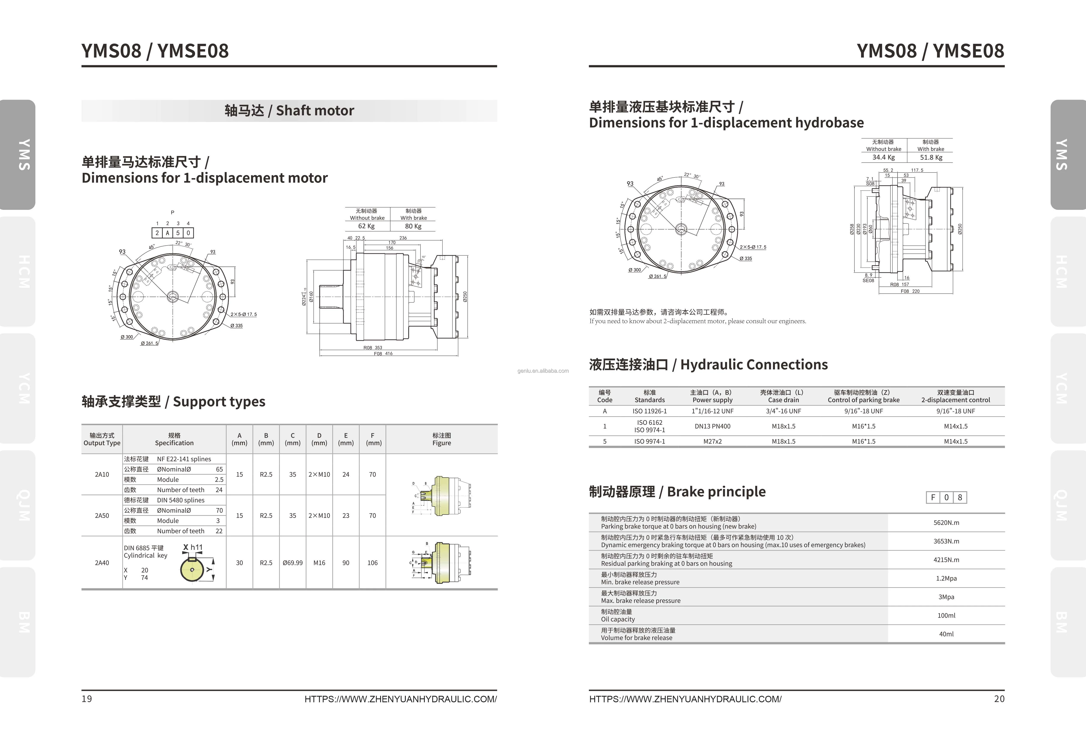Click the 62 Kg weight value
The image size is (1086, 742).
[x=366, y=226]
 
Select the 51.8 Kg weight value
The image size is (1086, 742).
[x=931, y=157]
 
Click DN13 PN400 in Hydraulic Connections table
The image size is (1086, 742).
[x=712, y=426]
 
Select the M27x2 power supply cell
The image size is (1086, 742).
[x=712, y=441]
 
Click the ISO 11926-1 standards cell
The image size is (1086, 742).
[x=650, y=411]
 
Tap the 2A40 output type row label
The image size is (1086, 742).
[x=102, y=563]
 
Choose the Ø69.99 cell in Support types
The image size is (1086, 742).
[x=292, y=563]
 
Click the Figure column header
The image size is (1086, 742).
[x=442, y=439]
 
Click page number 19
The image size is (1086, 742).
[x=87, y=699]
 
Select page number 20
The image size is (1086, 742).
[x=999, y=699]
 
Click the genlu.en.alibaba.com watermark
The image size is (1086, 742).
[x=543, y=371]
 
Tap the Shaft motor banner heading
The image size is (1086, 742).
[x=289, y=111]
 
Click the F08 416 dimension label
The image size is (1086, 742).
[x=383, y=354]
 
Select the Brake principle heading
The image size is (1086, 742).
[x=677, y=492]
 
